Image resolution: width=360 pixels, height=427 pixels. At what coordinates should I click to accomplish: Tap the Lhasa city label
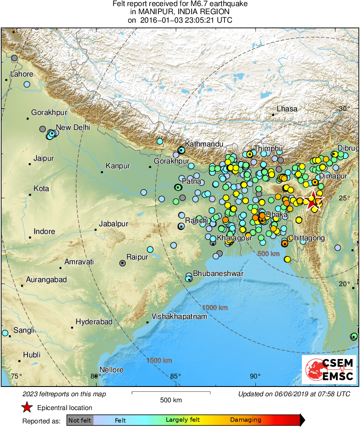tap(287, 109)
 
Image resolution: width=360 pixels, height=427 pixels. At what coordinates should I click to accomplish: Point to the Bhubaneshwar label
tap(218, 274)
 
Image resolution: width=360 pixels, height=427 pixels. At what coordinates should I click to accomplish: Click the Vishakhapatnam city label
tap(179, 317)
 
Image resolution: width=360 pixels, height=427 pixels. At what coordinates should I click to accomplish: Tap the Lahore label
tap(22, 74)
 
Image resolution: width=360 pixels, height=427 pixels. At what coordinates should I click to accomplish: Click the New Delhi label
tap(73, 127)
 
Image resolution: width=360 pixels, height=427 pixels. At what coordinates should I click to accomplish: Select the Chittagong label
tap(307, 238)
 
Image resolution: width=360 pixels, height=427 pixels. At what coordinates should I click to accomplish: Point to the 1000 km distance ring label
tap(215, 308)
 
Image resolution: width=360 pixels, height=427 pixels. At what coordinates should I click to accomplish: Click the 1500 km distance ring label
tap(159, 361)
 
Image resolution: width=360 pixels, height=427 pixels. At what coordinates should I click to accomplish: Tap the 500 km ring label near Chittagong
tap(269, 254)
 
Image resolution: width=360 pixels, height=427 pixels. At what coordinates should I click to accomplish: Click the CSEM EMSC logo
tap(330, 369)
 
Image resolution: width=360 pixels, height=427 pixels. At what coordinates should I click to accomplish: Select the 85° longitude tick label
tap(176, 376)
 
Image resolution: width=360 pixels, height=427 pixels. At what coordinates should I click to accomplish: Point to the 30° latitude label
tap(344, 108)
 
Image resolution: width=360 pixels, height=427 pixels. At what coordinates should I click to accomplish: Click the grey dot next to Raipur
tap(123, 263)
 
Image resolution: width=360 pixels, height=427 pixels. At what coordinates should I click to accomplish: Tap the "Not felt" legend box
tap(80, 420)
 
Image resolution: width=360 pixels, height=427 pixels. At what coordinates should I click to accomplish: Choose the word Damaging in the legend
tap(246, 420)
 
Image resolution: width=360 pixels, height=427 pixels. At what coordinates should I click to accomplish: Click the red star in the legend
tap(27, 408)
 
